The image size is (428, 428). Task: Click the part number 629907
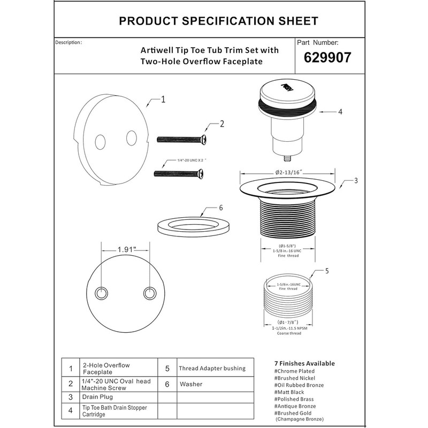tap(327, 57)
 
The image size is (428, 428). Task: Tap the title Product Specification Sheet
tap(218, 21)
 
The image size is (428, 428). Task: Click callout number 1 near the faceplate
tap(163, 100)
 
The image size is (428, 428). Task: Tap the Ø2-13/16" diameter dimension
tap(289, 172)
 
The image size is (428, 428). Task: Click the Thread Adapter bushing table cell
tap(212, 368)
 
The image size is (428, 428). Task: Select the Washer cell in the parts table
tap(191, 384)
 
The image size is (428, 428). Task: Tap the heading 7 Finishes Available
tap(304, 364)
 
